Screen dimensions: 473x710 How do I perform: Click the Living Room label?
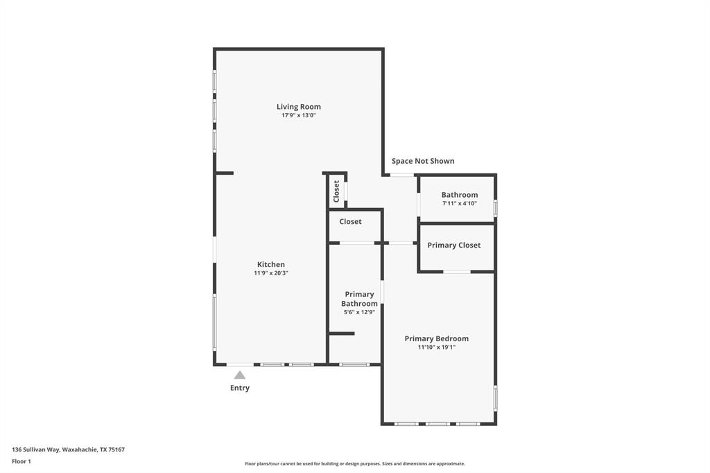[298, 107]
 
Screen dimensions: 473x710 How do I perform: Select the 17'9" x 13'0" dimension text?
[298, 116]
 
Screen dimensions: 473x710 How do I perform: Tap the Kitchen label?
[270, 264]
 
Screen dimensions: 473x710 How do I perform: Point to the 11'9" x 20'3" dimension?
[270, 273]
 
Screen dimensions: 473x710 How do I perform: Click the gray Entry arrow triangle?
[239, 375]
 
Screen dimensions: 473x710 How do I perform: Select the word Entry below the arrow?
[239, 388]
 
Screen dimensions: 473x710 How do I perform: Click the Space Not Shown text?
[423, 161]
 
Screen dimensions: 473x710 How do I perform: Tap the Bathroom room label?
[459, 195]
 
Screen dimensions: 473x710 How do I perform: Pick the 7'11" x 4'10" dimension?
[459, 204]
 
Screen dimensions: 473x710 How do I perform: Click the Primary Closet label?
[453, 245]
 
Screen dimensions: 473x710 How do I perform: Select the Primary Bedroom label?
[436, 338]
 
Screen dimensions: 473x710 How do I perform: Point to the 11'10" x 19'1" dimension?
[436, 347]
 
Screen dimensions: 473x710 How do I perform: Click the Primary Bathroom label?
[359, 299]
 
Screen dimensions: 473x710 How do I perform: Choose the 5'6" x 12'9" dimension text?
[359, 313]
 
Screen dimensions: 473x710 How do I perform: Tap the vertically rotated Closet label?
[336, 191]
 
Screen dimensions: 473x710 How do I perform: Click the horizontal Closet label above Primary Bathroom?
[350, 222]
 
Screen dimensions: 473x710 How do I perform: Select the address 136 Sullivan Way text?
[68, 449]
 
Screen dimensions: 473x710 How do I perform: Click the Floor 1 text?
[21, 461]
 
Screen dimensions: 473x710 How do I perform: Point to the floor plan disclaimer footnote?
[354, 464]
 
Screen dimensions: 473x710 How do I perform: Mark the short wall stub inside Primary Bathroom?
[341, 334]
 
